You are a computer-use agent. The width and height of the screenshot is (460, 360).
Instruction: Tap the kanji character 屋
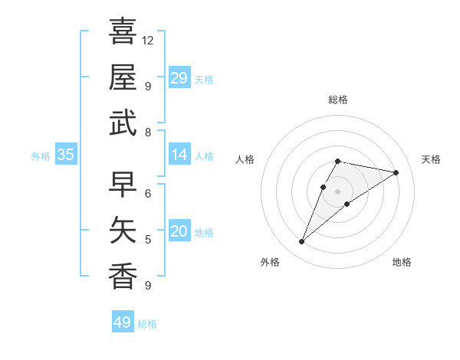[x=123, y=77]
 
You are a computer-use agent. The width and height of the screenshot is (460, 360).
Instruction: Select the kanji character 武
[x=123, y=123]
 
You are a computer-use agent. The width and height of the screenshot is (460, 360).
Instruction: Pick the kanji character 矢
[x=123, y=231]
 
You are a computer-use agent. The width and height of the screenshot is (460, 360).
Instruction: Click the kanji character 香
[x=123, y=277]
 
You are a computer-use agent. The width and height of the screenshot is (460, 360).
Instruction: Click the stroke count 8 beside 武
[x=148, y=133]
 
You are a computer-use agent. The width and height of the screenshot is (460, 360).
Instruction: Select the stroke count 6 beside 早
[x=148, y=193]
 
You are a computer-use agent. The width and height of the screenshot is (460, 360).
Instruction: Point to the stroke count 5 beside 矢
[x=148, y=240]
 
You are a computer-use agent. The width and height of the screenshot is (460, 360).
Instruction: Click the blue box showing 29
[x=179, y=78]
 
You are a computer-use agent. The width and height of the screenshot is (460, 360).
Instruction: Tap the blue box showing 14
[x=179, y=155]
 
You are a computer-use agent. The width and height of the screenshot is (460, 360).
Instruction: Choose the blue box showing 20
[x=179, y=231]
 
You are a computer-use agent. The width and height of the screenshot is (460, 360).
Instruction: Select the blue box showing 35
[x=65, y=155]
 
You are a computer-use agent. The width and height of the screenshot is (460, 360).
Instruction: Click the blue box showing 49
[x=123, y=322]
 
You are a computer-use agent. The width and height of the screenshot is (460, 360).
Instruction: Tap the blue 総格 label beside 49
[x=147, y=324]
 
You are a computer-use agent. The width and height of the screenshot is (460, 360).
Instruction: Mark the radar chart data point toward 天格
[x=396, y=173]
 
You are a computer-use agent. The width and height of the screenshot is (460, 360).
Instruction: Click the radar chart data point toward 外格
[x=301, y=242]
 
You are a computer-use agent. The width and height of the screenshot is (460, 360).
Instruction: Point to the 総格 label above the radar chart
[x=337, y=100]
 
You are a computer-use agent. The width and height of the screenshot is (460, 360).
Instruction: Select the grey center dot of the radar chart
[x=337, y=191]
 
